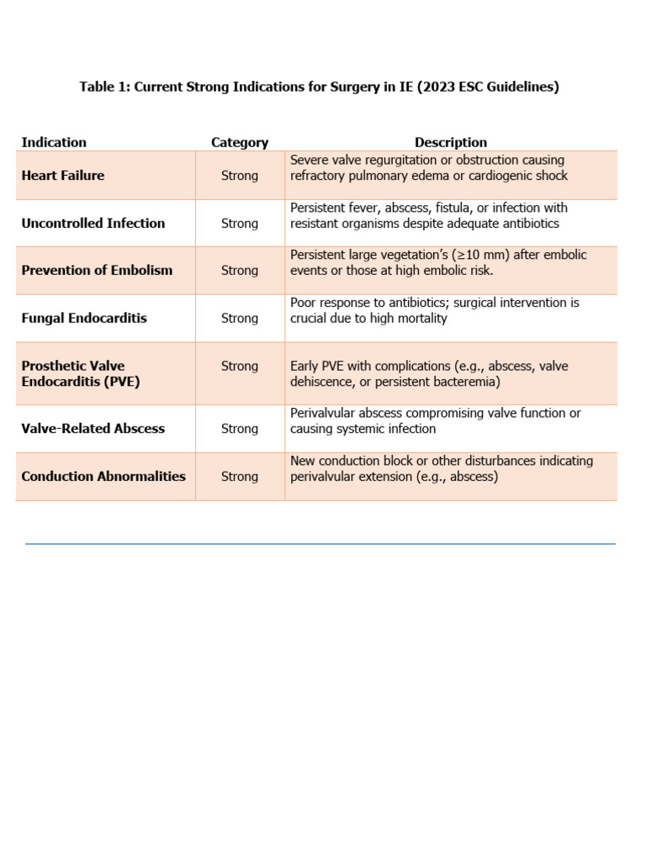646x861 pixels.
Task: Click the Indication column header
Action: pyautogui.click(x=54, y=142)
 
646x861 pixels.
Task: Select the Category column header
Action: pyautogui.click(x=240, y=142)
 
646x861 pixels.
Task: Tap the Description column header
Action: pyautogui.click(x=450, y=142)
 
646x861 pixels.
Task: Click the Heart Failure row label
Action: pyautogui.click(x=63, y=176)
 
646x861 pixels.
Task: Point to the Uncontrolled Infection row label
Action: pyautogui.click(x=93, y=223)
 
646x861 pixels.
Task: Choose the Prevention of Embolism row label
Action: pyautogui.click(x=97, y=270)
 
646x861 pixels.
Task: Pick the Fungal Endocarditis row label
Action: pyautogui.click(x=84, y=318)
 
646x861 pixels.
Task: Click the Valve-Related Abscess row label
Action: pyautogui.click(x=93, y=428)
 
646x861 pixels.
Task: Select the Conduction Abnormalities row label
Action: pyautogui.click(x=103, y=476)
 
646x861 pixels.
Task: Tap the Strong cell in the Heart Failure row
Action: pyautogui.click(x=240, y=176)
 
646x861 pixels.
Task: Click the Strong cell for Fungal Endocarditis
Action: pyautogui.click(x=240, y=318)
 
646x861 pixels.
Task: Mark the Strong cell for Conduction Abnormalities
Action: pyautogui.click(x=240, y=476)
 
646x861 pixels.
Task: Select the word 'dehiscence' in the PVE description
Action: pyautogui.click(x=321, y=382)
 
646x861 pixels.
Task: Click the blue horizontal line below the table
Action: pyautogui.click(x=320, y=544)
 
